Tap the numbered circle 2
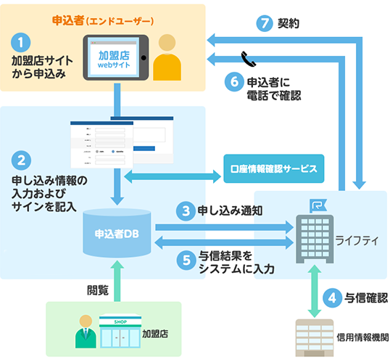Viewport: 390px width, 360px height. (24, 159)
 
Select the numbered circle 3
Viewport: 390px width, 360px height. (186, 210)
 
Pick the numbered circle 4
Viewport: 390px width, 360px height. (331, 296)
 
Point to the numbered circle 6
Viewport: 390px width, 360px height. (233, 81)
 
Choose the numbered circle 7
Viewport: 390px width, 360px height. (265, 22)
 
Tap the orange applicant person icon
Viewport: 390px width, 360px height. (169, 56)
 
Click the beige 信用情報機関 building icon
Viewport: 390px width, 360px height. (312, 335)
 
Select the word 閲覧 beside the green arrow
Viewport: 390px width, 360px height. (98, 290)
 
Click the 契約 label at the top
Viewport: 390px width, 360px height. (291, 23)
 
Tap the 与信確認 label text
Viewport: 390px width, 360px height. (367, 297)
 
